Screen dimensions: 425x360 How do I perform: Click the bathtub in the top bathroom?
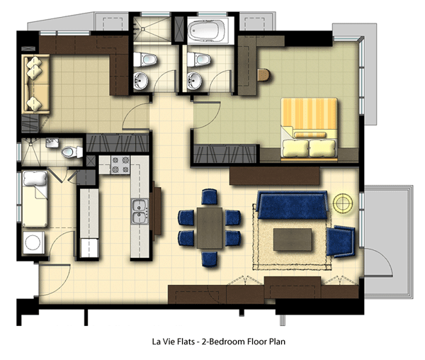click(x=210, y=30)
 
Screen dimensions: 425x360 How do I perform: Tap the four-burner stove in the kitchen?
click(x=120, y=165)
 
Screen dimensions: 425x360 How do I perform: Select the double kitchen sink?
click(x=140, y=211)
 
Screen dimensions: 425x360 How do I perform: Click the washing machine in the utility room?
click(x=33, y=242)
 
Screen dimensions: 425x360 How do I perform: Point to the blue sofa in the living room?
click(x=292, y=205)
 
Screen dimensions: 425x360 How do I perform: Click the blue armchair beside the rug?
click(x=341, y=241)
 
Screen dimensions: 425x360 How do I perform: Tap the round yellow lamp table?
click(x=343, y=203)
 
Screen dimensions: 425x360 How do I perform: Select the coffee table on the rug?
click(x=293, y=240)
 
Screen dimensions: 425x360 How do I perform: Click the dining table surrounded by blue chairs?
click(x=210, y=228)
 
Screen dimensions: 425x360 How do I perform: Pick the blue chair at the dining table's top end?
click(x=210, y=196)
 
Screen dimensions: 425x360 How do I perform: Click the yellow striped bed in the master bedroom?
click(x=310, y=128)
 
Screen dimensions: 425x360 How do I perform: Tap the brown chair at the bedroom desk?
click(x=263, y=75)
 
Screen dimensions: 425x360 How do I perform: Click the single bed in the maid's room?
click(x=35, y=198)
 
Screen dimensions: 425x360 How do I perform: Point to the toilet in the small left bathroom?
click(x=72, y=152)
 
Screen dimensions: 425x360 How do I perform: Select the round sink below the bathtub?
click(x=194, y=81)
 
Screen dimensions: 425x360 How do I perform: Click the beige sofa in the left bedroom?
click(x=36, y=84)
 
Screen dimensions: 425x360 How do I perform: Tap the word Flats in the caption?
click(x=186, y=342)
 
